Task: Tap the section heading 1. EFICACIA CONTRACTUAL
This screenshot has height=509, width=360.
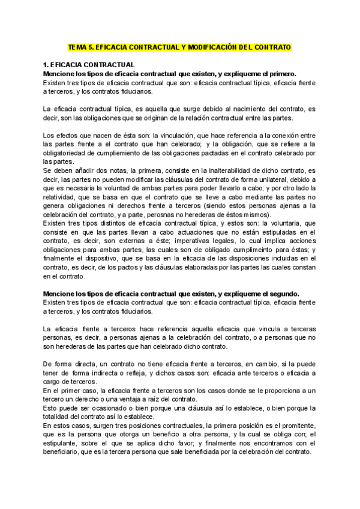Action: tap(89, 64)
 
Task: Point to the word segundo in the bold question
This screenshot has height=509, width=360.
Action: tap(281, 294)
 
